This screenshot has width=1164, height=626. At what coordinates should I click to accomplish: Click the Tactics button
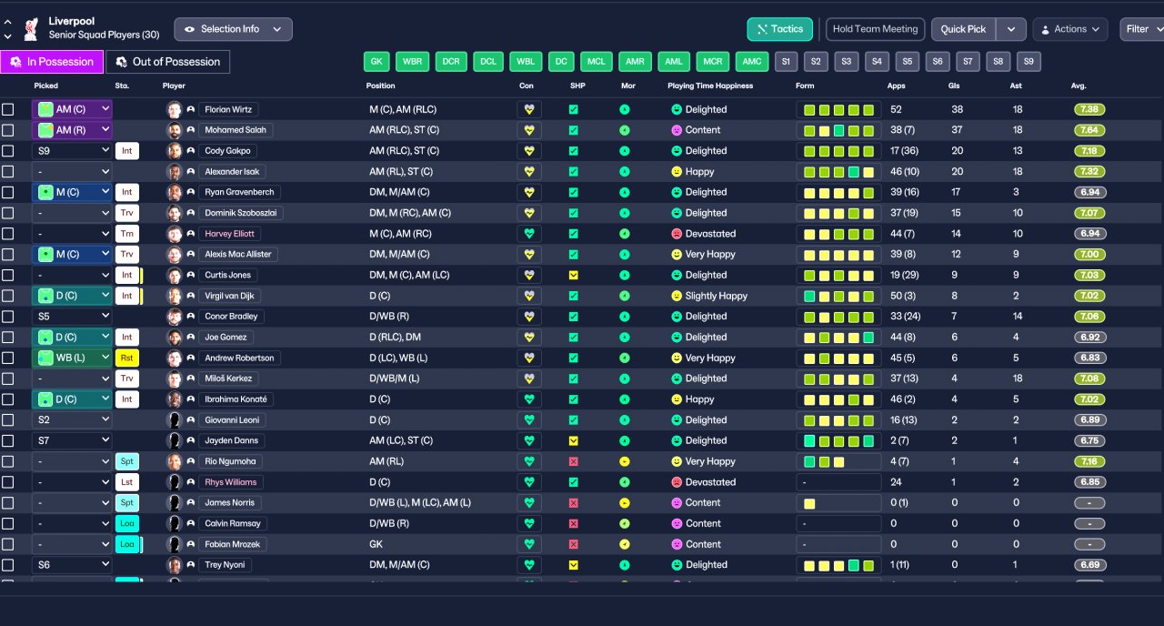tap(779, 29)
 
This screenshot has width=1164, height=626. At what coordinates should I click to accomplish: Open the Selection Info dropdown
tap(233, 29)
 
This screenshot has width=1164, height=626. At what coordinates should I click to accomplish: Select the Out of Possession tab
tap(168, 62)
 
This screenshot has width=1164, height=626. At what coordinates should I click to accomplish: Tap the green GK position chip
tap(376, 61)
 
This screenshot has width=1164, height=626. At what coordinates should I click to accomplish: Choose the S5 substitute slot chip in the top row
tap(908, 61)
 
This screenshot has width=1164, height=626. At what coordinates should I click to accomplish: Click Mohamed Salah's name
tap(236, 130)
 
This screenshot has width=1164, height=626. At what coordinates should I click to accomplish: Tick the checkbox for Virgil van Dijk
tap(8, 296)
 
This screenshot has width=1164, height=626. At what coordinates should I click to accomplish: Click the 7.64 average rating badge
tap(1089, 130)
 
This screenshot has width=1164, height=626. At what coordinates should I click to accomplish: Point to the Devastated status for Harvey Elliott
tap(710, 234)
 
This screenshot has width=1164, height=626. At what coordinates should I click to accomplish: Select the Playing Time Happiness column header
tap(710, 86)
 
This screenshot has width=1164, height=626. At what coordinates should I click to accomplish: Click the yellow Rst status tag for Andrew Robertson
tap(126, 358)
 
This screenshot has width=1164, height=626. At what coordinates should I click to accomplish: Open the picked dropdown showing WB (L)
tap(72, 358)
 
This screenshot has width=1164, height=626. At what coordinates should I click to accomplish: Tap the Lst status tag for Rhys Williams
tap(126, 482)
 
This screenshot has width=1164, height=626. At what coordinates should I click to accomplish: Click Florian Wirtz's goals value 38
tap(958, 109)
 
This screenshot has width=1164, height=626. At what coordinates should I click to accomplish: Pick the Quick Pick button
tap(963, 29)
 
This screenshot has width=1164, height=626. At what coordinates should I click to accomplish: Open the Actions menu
tap(1070, 29)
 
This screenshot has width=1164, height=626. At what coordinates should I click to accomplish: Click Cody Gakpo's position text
tap(404, 151)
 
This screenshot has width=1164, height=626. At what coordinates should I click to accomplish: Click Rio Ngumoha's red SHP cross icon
tap(573, 461)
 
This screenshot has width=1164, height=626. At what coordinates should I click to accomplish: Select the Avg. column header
tap(1079, 86)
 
